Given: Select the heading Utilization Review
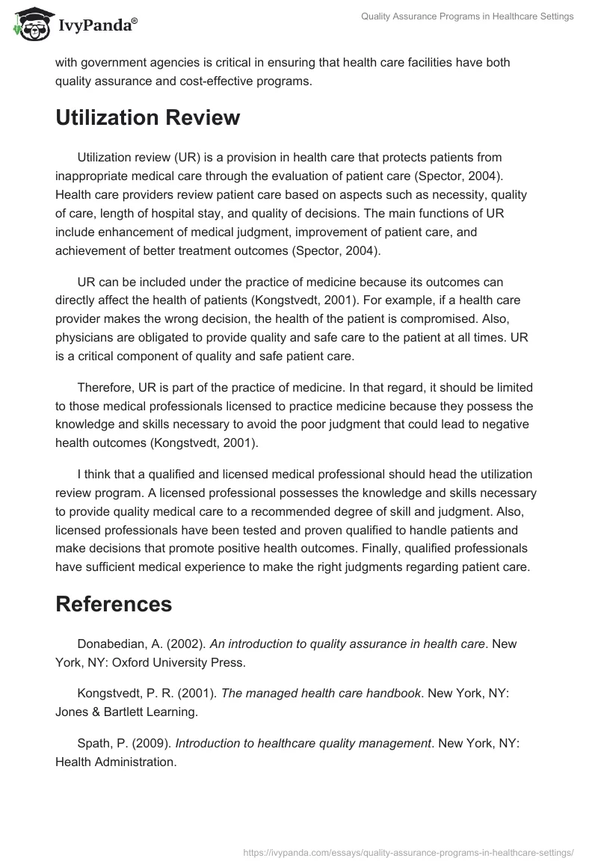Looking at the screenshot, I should click(x=148, y=117).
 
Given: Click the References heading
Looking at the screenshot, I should click(x=114, y=604).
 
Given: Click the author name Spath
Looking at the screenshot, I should click(x=94, y=744).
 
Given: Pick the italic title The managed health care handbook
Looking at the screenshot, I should click(x=321, y=694).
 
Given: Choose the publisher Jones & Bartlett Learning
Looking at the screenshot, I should click(x=126, y=712).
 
